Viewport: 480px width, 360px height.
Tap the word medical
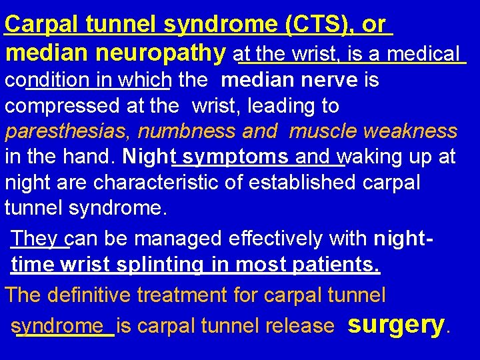424,53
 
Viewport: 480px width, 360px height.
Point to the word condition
47,81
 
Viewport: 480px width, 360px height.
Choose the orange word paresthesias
65,132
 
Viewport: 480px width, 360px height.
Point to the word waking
369,157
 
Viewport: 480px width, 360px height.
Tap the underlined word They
38,239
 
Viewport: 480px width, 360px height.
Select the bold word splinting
160,265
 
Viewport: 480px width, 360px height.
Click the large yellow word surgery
396,324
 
